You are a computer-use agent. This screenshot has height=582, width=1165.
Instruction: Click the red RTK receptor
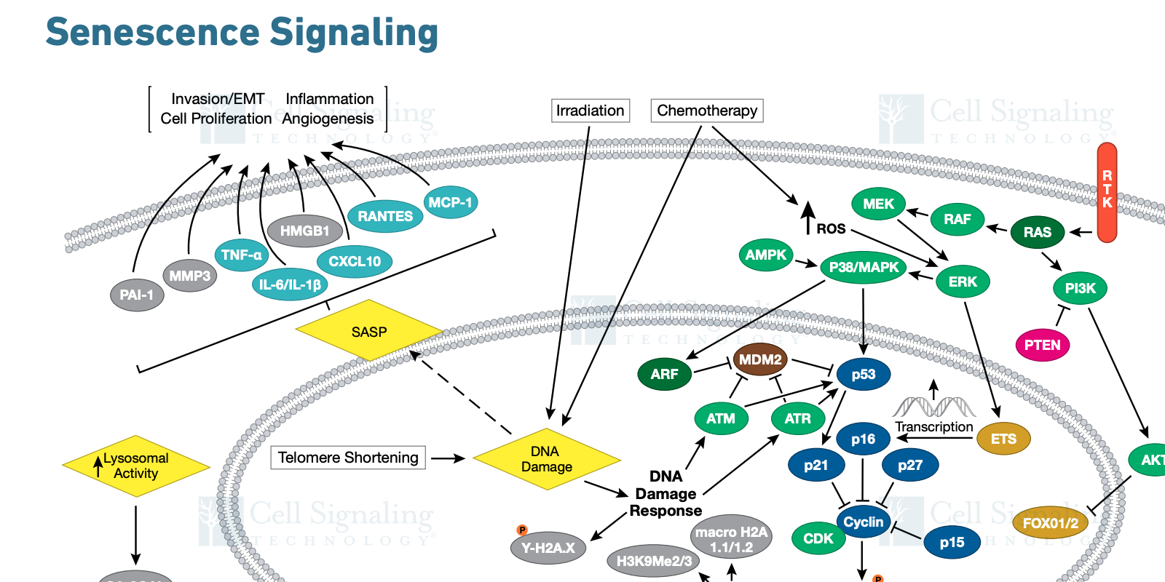point(1107,192)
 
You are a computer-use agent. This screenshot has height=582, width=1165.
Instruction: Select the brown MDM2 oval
point(760,359)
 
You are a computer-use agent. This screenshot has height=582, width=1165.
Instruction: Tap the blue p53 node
point(864,374)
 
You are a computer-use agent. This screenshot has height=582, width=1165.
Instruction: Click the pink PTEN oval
point(1042,345)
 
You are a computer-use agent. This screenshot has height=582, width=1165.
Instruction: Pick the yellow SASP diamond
point(369,331)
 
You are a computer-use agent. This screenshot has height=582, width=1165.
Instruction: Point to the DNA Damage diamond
point(546,459)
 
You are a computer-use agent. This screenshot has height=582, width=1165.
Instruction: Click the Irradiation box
point(590,111)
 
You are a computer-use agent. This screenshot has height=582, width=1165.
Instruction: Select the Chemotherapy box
point(707,111)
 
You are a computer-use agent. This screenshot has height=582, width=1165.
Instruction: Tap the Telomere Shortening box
point(348,458)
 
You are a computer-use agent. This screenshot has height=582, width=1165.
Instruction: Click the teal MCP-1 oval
point(450,202)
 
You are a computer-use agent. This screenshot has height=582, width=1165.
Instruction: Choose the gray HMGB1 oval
point(305,231)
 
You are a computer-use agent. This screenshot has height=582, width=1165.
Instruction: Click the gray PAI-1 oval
point(137,295)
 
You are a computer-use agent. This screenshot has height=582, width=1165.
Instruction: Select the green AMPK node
point(766,255)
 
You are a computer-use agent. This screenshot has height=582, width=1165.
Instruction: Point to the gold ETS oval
point(1003,439)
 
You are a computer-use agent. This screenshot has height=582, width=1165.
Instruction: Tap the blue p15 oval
point(952,542)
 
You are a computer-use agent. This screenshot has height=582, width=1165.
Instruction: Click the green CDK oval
point(818,538)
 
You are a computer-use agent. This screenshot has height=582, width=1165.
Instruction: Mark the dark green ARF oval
point(664,374)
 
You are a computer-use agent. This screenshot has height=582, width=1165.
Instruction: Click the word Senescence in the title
point(152,33)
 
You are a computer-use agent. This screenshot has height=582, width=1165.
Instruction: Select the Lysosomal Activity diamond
point(135,466)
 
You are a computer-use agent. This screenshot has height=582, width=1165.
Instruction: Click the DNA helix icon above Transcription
point(933,406)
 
